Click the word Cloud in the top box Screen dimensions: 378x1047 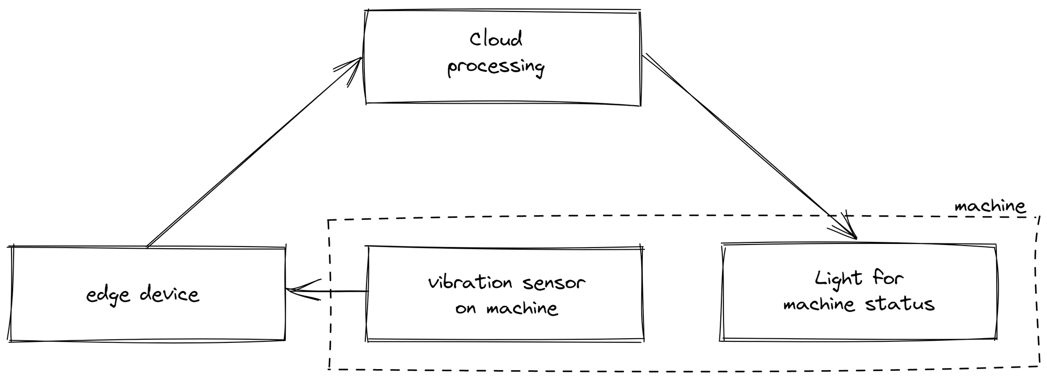tap(495, 40)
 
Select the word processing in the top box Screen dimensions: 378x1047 tap(495, 67)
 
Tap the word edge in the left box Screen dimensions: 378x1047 tap(108, 295)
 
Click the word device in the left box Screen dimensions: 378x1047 tap(170, 294)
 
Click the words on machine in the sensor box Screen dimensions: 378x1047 tap(506, 308)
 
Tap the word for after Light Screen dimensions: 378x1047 tap(888, 277)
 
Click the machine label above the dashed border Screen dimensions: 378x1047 tap(989, 206)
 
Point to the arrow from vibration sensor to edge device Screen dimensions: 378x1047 tap(335, 291)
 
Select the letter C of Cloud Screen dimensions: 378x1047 tap(476, 39)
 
